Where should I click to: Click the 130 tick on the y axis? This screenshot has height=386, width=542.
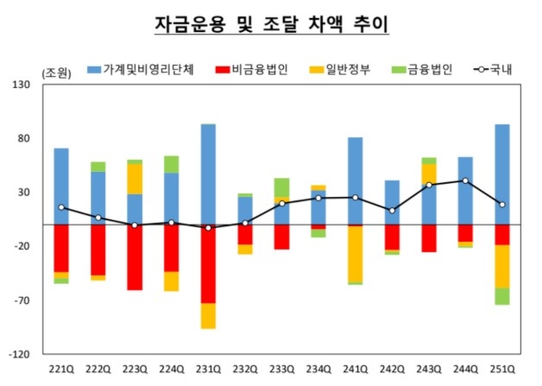tap(22, 85)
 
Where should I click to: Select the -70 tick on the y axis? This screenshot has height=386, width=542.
tap(22, 301)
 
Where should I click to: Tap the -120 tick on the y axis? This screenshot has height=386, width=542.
tap(21, 355)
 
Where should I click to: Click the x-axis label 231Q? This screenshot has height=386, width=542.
tap(208, 370)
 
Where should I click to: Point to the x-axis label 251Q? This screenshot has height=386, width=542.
tap(501, 370)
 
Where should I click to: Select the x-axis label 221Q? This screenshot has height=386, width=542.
tap(61, 370)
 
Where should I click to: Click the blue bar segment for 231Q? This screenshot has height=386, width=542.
tap(208, 174)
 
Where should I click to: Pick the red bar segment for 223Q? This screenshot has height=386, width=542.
tap(135, 256)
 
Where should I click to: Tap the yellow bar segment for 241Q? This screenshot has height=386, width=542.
tap(355, 254)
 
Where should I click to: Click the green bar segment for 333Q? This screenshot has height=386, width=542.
tap(281, 187)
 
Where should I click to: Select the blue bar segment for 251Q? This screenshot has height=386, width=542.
tap(501, 174)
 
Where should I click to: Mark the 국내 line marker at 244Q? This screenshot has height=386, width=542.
tap(465, 180)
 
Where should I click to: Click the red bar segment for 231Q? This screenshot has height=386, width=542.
tap(208, 264)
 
